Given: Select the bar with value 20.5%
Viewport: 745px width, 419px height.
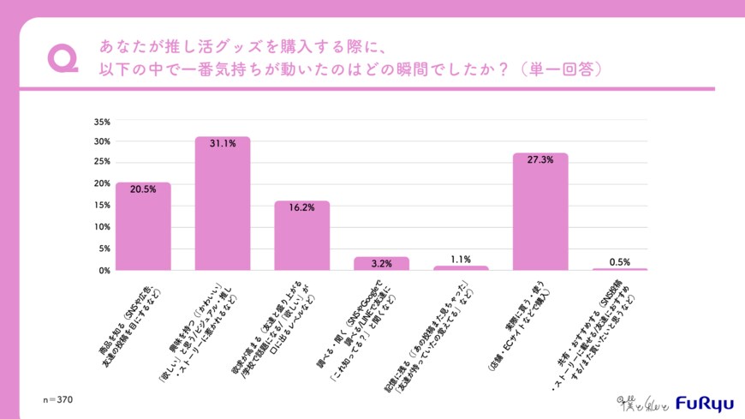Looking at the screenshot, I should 143,226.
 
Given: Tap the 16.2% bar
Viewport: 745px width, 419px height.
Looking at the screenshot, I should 301,236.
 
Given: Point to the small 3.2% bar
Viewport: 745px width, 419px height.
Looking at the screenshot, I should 381,264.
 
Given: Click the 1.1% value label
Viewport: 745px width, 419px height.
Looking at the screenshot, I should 461,259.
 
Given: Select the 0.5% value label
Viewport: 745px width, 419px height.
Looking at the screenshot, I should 620,261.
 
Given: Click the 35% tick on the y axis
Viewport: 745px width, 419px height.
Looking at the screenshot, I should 102,120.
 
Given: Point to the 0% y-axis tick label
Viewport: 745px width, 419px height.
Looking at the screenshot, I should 104,270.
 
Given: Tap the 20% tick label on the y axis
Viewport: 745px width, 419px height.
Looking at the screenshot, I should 102,184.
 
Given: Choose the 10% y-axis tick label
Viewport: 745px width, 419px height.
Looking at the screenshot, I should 102,227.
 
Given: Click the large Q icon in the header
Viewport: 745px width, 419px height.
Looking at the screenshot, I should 63,57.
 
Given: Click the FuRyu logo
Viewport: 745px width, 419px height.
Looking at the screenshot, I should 703,402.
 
